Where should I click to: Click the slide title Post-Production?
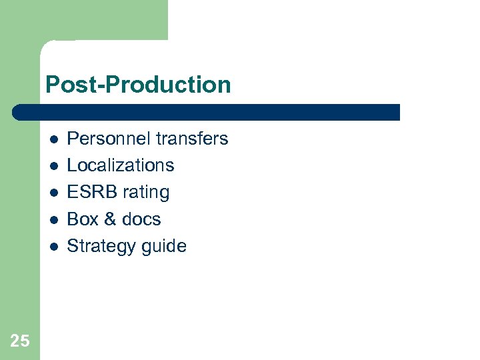click(x=138, y=85)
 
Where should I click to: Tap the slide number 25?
click(x=20, y=341)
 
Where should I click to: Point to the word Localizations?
click(x=121, y=165)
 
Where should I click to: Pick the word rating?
click(x=144, y=193)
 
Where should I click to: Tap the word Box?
click(x=82, y=219)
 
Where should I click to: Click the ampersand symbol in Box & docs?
click(x=109, y=219)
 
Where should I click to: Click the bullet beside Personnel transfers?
click(x=53, y=139)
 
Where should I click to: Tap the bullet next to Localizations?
click(x=53, y=166)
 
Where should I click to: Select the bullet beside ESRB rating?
click(x=53, y=193)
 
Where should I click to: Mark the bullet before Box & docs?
click(x=53, y=219)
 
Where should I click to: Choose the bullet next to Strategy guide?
click(x=53, y=246)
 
